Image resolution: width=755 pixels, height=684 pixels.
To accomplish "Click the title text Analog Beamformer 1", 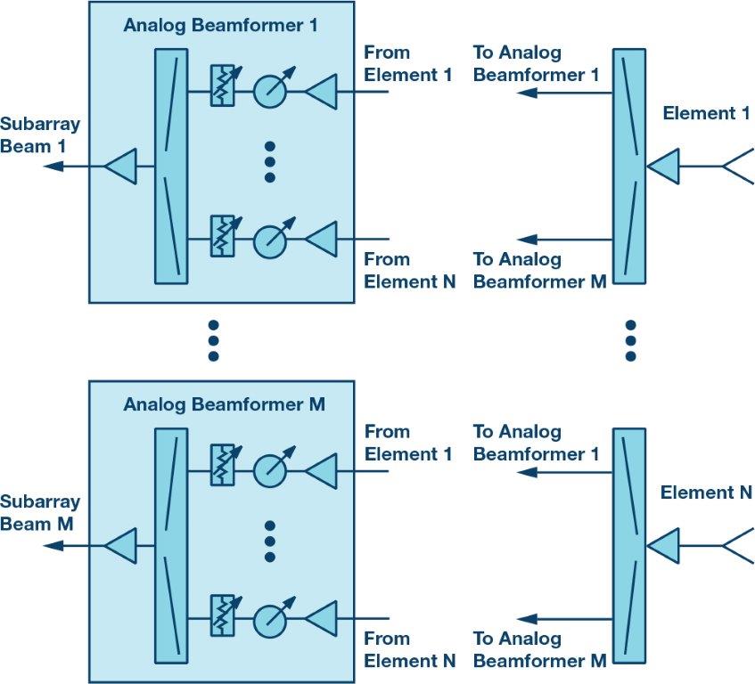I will coord(220,25).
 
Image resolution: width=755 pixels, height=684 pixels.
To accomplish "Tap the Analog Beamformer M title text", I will coord(224,404).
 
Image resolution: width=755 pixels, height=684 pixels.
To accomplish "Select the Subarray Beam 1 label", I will coord(39,134).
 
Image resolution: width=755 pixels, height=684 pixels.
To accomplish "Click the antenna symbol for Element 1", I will coord(736,166).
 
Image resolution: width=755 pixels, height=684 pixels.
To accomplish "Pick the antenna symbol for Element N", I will coord(736,544).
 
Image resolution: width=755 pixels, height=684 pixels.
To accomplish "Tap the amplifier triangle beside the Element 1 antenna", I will coord(663,166).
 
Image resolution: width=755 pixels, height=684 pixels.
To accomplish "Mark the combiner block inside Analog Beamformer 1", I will coord(171,166).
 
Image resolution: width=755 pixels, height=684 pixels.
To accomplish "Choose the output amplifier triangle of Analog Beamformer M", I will coord(120,544).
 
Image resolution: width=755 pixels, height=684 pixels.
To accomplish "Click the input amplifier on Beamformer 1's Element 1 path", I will coord(322,90).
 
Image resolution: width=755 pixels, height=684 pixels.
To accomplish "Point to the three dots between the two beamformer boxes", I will coord(213,340).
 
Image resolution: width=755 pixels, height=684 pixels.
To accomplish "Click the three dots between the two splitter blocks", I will coord(630,340).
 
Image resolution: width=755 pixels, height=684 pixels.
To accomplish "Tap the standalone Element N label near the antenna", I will coord(706,493).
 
